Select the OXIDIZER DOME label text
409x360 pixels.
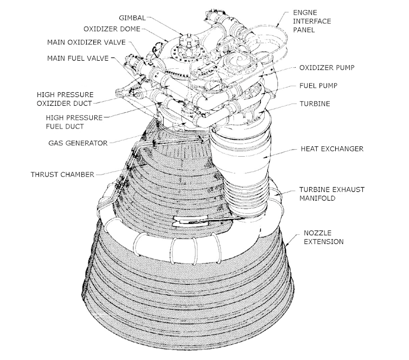(112, 29)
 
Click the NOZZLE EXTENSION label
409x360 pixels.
(321, 236)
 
